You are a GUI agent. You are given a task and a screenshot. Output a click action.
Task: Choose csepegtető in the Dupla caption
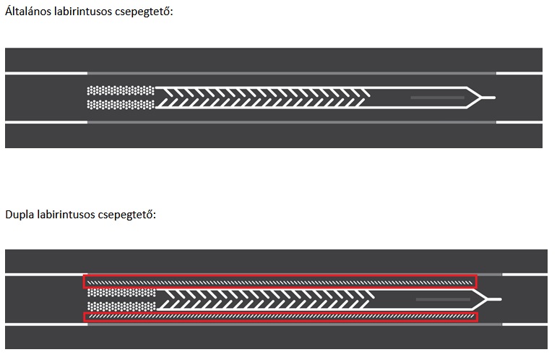pos(131,215)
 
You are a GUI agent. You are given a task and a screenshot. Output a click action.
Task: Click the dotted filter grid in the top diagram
pos(120,98)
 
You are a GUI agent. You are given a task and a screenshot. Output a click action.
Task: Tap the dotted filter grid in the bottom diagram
pos(120,299)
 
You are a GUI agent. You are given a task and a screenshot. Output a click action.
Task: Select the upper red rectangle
pos(280,281)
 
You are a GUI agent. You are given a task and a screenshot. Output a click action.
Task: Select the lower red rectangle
pos(280,316)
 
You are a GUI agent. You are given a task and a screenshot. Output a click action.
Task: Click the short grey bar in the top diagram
pos(437,97)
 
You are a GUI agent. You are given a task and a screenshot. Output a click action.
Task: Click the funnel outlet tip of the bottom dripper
pos(498,298)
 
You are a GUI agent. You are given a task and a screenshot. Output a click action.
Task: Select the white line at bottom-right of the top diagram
pos(519,122)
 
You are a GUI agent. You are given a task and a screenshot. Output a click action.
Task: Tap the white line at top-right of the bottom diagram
pos(525,274)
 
